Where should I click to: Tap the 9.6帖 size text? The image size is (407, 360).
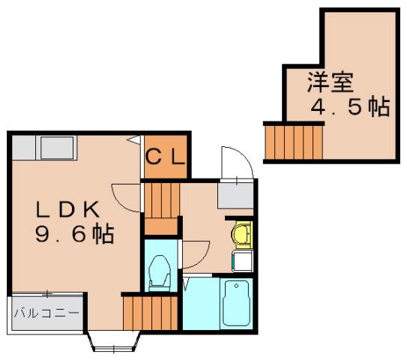pos(73,235)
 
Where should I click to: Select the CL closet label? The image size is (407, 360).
pos(165,157)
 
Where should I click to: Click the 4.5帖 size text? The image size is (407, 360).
pos(350,107)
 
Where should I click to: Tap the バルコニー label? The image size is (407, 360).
pos(46,312)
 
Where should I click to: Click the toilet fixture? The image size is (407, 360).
pos(160,271)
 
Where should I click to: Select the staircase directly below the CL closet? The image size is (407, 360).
pos(161,205)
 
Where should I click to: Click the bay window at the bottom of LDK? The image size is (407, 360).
pos(114,344)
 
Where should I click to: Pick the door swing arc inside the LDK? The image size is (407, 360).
pos(125,196)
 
